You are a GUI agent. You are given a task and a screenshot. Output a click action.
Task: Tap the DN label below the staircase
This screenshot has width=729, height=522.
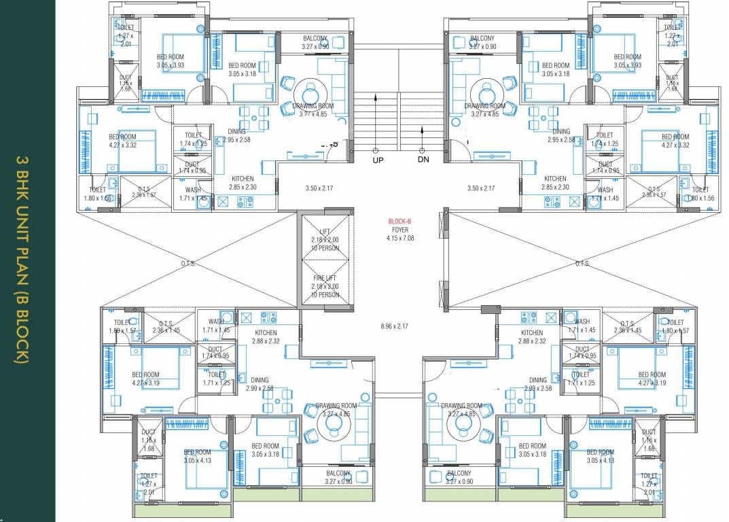click(423, 160)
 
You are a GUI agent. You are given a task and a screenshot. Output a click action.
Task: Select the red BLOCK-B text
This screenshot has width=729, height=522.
click(400, 222)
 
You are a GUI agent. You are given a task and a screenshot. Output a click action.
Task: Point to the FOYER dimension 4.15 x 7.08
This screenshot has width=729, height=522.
click(400, 239)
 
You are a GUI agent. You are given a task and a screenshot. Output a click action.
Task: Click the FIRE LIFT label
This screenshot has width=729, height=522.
click(325, 277)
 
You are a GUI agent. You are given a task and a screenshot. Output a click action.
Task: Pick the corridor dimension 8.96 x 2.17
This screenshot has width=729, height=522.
click(394, 326)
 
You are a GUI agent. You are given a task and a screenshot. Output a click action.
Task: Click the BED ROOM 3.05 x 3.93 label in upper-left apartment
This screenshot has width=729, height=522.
click(170, 61)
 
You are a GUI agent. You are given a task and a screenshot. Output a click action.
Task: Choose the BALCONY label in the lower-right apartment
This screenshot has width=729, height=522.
click(459, 477)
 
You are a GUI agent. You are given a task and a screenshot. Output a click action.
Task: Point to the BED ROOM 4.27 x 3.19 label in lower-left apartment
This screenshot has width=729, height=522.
click(145, 379)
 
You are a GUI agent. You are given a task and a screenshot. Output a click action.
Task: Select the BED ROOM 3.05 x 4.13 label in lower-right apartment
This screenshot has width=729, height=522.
click(600, 456)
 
